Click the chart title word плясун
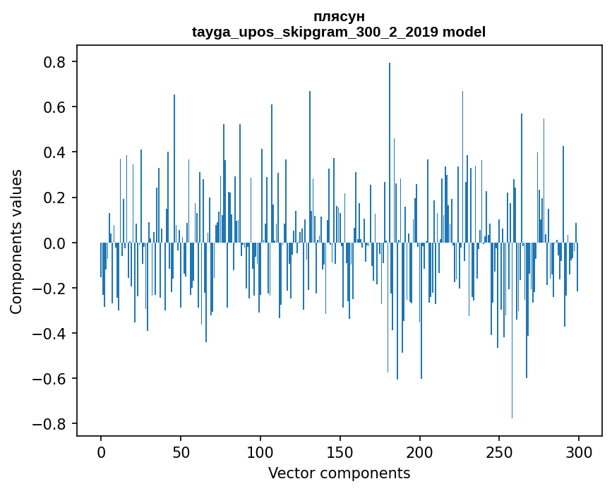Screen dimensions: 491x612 point(339,16)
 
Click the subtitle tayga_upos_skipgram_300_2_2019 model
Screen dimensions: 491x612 point(339,32)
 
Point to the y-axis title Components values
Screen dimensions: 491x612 point(16,241)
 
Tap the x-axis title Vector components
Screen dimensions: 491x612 point(339,473)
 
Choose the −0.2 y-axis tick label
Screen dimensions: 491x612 point(50,288)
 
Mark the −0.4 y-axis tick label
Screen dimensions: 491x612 point(50,333)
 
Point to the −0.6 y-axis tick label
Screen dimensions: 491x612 point(50,378)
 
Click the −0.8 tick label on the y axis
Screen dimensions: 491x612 point(50,423)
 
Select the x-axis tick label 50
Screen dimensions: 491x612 point(181,451)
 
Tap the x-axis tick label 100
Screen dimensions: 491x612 point(260,451)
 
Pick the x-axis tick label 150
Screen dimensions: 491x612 point(340,451)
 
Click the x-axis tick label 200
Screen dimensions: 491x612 point(420,451)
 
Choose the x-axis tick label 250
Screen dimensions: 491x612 point(500,451)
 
